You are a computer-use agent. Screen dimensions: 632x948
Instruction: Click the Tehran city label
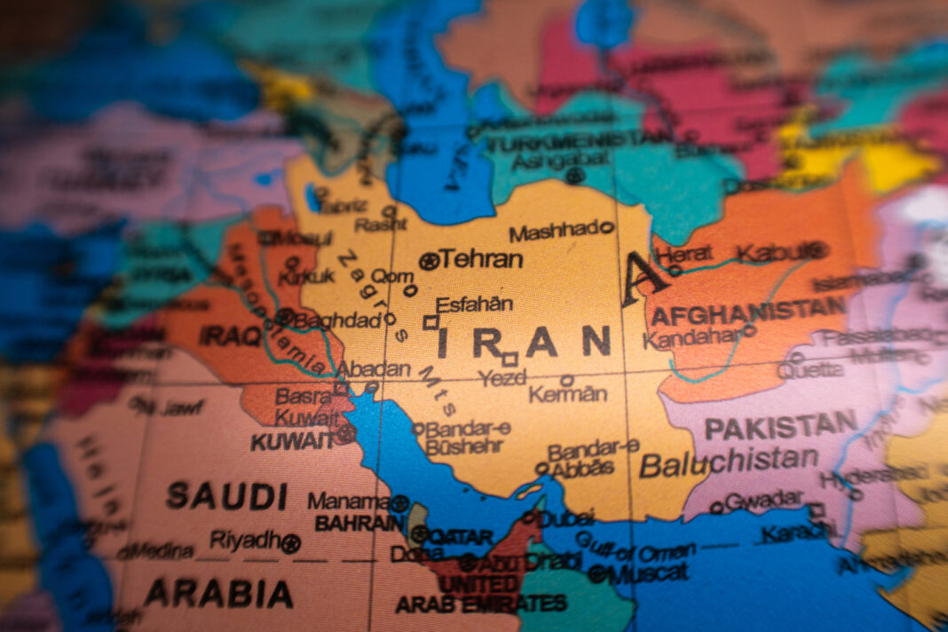pyautogui.click(x=482, y=259)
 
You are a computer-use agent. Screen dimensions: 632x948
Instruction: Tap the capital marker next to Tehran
pyautogui.click(x=430, y=261)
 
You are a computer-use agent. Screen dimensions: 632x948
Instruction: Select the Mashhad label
pyautogui.click(x=555, y=233)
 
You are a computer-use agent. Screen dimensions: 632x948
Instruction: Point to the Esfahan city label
pyautogui.click(x=475, y=304)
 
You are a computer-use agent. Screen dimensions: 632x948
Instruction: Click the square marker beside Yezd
pyautogui.click(x=510, y=359)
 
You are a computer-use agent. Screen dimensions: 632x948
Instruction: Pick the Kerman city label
pyautogui.click(x=569, y=394)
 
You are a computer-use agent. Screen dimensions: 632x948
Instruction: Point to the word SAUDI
pyautogui.click(x=227, y=495)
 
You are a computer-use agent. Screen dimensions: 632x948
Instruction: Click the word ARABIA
pyautogui.click(x=218, y=593)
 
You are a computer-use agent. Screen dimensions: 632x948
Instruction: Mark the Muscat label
pyautogui.click(x=647, y=573)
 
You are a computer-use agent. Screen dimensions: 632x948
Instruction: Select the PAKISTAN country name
pyautogui.click(x=781, y=427)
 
